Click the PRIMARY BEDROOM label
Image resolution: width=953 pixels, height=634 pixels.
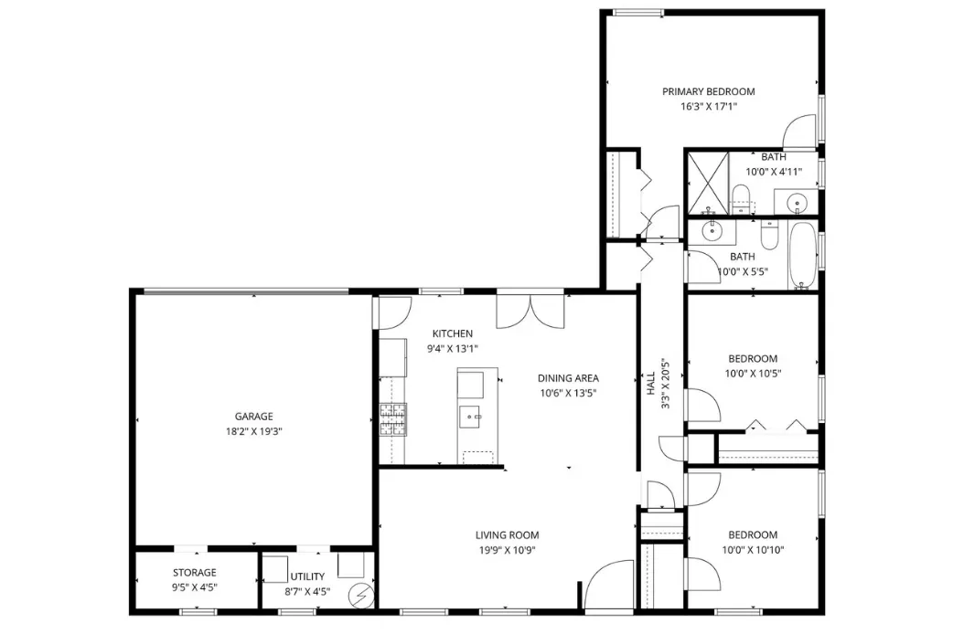click(x=708, y=91)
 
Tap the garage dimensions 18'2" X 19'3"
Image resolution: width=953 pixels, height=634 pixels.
click(x=254, y=432)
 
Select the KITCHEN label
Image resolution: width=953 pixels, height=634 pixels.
click(x=452, y=333)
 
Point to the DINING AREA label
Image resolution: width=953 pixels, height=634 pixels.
click(x=568, y=377)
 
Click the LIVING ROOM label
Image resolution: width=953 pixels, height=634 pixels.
click(x=507, y=535)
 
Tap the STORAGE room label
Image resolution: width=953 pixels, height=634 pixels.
click(x=195, y=572)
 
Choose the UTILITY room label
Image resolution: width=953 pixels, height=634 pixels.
click(x=307, y=576)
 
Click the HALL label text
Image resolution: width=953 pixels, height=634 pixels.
click(x=651, y=383)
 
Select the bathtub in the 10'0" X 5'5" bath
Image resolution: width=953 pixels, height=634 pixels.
click(x=803, y=256)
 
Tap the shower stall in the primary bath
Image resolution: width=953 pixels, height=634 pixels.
click(x=708, y=183)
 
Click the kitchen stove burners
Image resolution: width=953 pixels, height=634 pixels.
click(x=393, y=420)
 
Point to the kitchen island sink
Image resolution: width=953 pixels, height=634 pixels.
click(x=470, y=417)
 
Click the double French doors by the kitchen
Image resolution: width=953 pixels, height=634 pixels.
click(x=530, y=312)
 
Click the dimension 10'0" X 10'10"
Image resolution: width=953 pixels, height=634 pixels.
click(x=753, y=550)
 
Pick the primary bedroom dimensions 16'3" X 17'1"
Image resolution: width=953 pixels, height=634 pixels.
click(x=708, y=107)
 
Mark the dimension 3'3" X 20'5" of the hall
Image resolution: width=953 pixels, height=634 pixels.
click(x=666, y=383)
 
